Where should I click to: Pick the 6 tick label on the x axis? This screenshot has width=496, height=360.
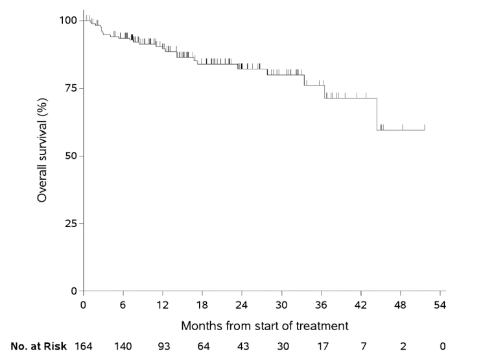click(123, 304)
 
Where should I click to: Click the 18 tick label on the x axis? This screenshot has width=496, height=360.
click(202, 304)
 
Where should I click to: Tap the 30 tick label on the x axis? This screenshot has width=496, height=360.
click(282, 304)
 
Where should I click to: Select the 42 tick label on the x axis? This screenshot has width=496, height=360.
click(362, 304)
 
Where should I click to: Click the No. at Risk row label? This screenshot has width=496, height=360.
click(39, 346)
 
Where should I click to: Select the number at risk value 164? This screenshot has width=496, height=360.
click(84, 346)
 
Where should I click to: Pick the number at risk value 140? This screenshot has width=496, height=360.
click(123, 346)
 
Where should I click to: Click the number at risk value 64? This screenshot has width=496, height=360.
click(202, 346)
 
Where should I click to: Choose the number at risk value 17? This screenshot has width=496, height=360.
click(322, 346)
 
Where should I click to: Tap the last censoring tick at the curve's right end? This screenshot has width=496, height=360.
click(425, 127)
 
